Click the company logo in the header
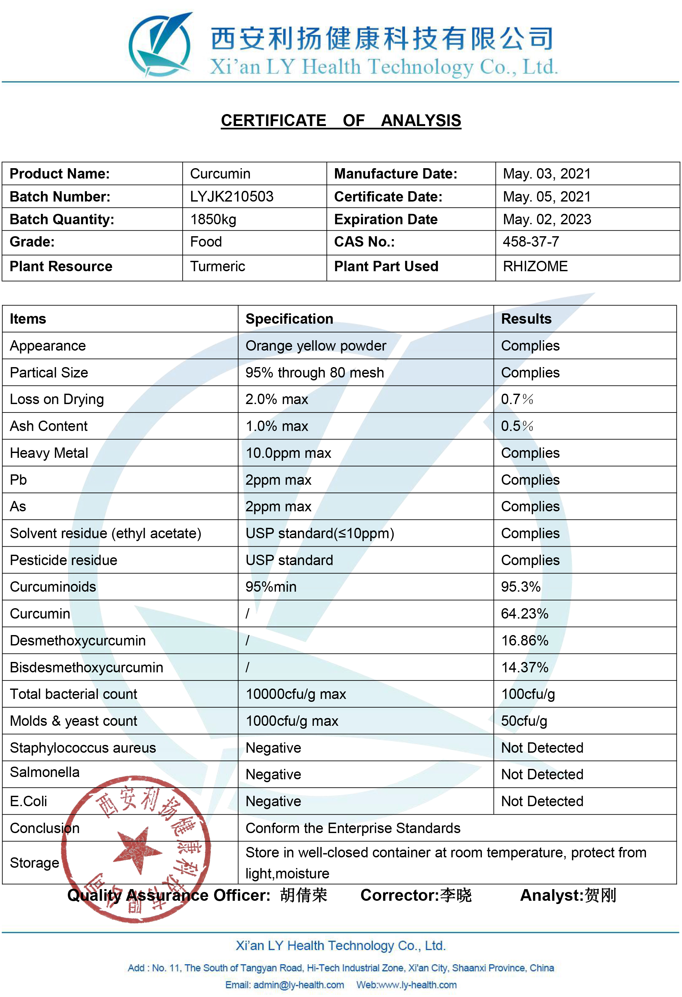point(160,45)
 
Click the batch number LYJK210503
point(232,196)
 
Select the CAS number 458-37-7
point(531,242)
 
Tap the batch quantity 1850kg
point(213,220)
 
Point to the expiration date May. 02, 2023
point(547,220)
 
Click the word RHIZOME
point(535,266)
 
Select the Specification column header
point(289,319)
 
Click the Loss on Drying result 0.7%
point(517,400)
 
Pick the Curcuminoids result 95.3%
point(520,587)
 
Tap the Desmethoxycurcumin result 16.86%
point(524,641)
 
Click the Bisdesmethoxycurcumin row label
point(86,667)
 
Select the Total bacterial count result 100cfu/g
point(528,694)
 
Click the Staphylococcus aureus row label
point(82,748)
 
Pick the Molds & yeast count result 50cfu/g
point(524,721)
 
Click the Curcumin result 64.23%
point(524,614)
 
